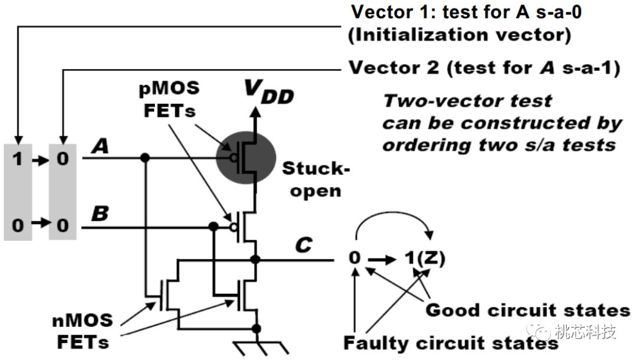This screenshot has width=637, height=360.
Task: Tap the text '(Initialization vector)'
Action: [x=459, y=35]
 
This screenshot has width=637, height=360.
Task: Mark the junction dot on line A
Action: [x=145, y=158]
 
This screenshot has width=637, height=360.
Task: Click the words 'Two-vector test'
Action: [x=468, y=101]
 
